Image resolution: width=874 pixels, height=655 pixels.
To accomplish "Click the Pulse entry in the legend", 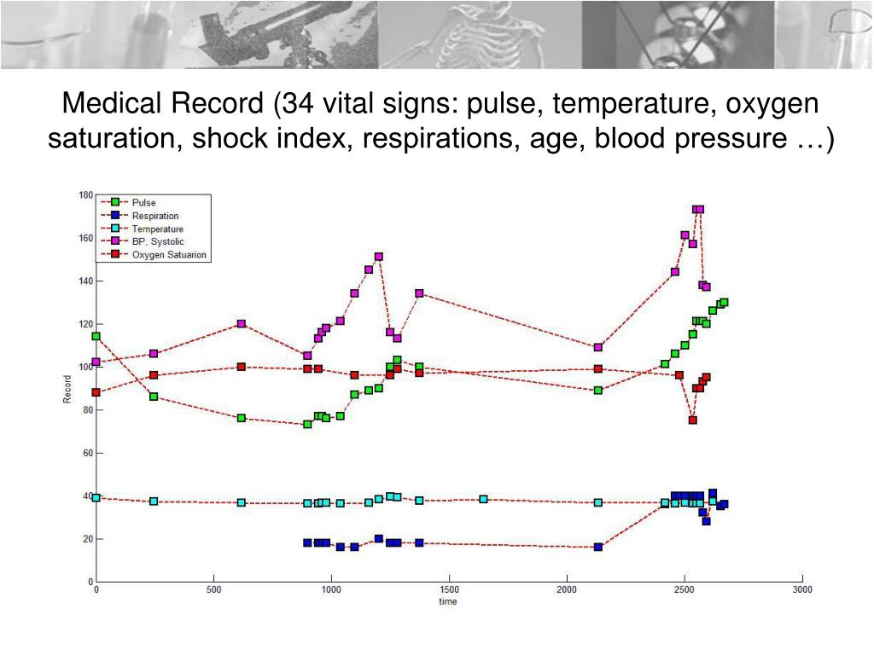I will (x=143, y=202).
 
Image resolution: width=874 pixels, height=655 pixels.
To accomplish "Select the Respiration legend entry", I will (x=154, y=216).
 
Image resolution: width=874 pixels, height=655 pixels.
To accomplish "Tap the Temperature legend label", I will (x=157, y=229).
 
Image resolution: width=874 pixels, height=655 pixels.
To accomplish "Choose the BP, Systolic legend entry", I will (x=157, y=241).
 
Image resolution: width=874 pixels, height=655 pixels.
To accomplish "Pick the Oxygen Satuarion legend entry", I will (x=168, y=254).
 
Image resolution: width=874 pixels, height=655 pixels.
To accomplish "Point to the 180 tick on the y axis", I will (x=85, y=194).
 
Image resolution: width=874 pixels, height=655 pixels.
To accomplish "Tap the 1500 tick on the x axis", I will (x=449, y=589).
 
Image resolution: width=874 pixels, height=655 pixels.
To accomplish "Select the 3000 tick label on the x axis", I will (x=801, y=589).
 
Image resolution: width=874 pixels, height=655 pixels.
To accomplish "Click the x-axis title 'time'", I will (x=448, y=601).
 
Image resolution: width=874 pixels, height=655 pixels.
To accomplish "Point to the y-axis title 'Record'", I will (x=67, y=388).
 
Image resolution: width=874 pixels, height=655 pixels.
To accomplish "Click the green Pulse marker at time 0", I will (x=96, y=336).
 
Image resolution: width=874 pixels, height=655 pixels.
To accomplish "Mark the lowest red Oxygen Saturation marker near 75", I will (x=693, y=420).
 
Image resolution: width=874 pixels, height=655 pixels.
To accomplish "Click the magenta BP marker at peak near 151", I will (x=378, y=257).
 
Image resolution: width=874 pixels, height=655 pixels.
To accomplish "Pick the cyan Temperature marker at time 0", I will (x=96, y=498).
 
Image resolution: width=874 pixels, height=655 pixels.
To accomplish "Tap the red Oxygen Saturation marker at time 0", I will (x=96, y=392).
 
